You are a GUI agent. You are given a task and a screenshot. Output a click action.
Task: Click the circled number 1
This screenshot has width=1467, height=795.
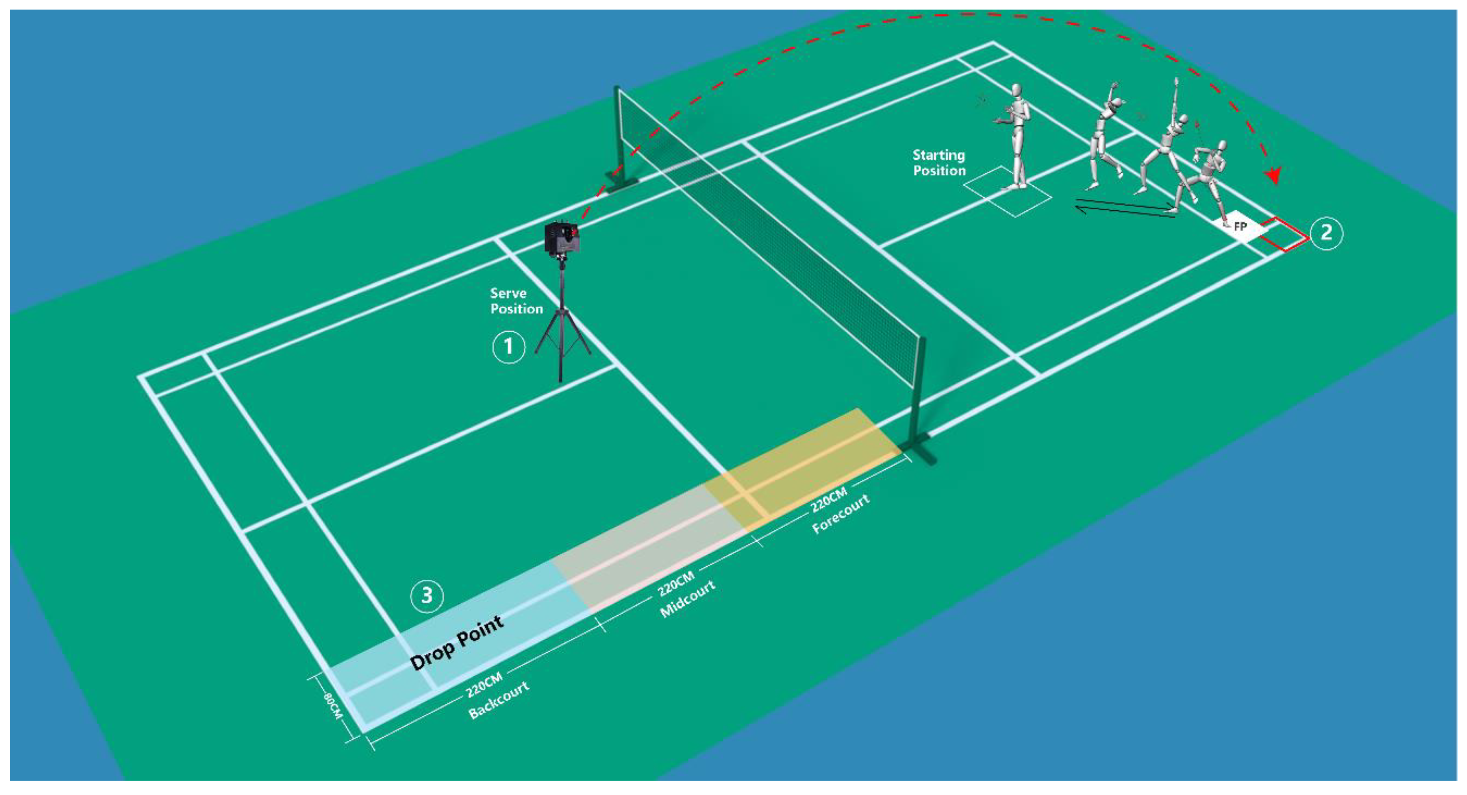(x=508, y=346)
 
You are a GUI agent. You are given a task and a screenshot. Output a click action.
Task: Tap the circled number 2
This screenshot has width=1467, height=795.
(x=1326, y=232)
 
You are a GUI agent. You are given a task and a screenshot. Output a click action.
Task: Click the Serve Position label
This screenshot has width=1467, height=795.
(x=516, y=301)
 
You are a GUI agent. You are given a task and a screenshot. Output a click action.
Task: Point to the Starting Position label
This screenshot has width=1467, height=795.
(x=939, y=162)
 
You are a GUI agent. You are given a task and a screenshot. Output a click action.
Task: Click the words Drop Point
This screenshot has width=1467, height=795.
(x=457, y=642)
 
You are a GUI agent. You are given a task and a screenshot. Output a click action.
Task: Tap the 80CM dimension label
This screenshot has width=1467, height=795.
(x=333, y=706)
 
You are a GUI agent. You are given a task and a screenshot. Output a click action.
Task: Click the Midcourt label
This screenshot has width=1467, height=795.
(x=687, y=599)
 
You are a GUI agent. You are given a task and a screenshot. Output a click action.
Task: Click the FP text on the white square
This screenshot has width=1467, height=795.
(x=1240, y=226)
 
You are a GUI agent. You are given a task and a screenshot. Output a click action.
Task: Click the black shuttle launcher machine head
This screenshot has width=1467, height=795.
(x=562, y=238)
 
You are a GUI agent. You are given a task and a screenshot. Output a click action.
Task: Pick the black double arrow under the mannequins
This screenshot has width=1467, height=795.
(x=1125, y=208)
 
